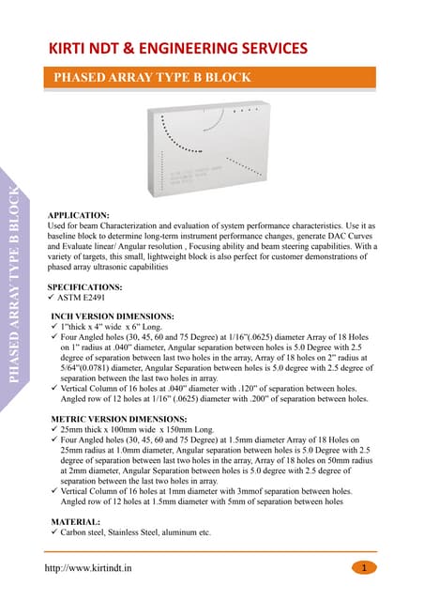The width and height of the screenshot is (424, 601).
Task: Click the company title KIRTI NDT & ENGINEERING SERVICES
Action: [x=178, y=47]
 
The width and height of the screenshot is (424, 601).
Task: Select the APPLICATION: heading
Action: [x=79, y=215]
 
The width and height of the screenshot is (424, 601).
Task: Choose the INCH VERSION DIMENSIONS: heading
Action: [x=112, y=316]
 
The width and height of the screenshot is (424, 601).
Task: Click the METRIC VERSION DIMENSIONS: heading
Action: [x=117, y=416]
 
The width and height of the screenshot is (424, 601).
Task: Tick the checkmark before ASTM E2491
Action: [x=53, y=299]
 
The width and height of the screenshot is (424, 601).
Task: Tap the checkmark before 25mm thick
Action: [x=54, y=427]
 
